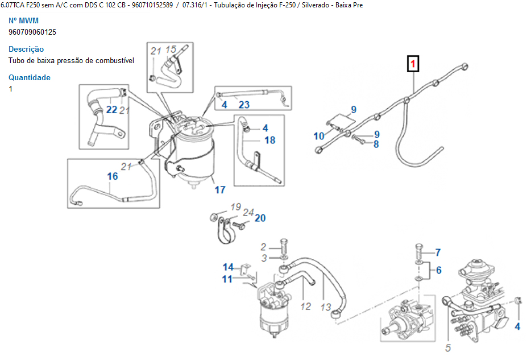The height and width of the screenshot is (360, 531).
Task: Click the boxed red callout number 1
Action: [x=413, y=63]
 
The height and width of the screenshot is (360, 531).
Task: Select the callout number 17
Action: [x=220, y=190]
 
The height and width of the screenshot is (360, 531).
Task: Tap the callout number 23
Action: [x=244, y=105]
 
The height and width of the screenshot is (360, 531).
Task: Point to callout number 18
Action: [x=269, y=140]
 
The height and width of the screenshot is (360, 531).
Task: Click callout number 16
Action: [x=113, y=176]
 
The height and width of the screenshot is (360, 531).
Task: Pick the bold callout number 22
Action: [x=111, y=109]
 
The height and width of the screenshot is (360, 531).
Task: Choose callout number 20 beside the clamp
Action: [x=260, y=218]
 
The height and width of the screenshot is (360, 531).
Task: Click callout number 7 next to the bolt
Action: [x=438, y=252]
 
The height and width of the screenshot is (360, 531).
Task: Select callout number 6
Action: [x=438, y=271]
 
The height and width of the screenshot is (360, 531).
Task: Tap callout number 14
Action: [x=228, y=267]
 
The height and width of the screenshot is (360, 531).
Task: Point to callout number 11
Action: [x=227, y=279]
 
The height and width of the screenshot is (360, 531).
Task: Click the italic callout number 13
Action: [x=325, y=307]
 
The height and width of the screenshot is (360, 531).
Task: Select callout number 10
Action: [x=320, y=136]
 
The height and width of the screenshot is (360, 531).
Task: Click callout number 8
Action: [x=376, y=144]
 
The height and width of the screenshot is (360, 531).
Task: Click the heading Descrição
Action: [x=26, y=49]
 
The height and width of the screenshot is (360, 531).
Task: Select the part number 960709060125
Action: [x=32, y=32]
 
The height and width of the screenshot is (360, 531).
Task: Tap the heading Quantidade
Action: [x=30, y=77]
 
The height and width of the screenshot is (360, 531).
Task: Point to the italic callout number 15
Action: [x=171, y=49]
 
